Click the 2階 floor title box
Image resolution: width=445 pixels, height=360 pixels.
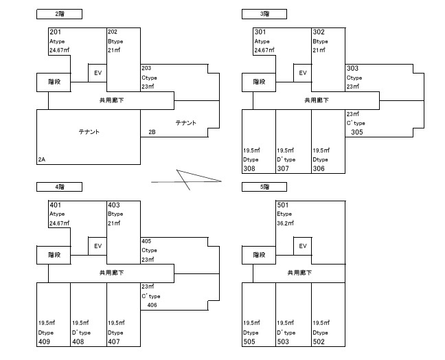click(60, 13)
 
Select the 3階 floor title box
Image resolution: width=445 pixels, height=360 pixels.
click(264, 13)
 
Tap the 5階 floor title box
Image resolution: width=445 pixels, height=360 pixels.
click(264, 186)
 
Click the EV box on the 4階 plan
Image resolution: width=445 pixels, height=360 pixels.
click(98, 245)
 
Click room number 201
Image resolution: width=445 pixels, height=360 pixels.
click(56, 32)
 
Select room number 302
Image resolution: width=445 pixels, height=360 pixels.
click(319, 32)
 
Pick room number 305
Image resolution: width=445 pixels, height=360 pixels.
click(356, 132)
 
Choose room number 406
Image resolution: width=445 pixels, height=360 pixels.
click(152, 305)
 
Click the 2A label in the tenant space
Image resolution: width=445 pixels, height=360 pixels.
click(42, 159)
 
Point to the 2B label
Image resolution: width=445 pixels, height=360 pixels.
click(152, 132)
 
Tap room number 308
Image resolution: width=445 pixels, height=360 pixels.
click(250, 168)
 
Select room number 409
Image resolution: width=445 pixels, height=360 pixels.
click(45, 341)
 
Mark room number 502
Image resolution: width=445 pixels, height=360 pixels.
click(319, 341)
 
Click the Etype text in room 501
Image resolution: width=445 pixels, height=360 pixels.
click(284, 214)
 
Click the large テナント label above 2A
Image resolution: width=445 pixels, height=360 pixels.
click(89, 131)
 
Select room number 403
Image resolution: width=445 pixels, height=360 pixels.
click(113, 205)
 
